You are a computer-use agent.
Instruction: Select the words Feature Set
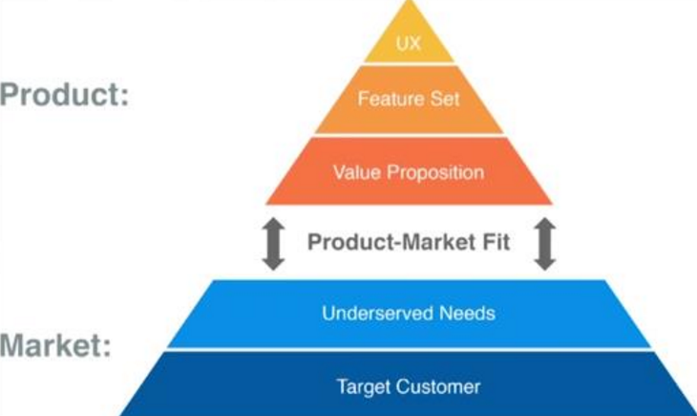pos(409,99)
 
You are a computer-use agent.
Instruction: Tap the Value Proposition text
pos(409,173)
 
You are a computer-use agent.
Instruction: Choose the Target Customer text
pos(409,387)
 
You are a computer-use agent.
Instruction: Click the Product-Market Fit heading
pos(409,242)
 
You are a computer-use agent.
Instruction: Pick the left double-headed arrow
pos(273,243)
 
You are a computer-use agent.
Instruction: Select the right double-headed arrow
pos(545,243)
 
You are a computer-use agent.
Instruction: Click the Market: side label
pos(55,344)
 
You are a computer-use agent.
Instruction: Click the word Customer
pos(438,387)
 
